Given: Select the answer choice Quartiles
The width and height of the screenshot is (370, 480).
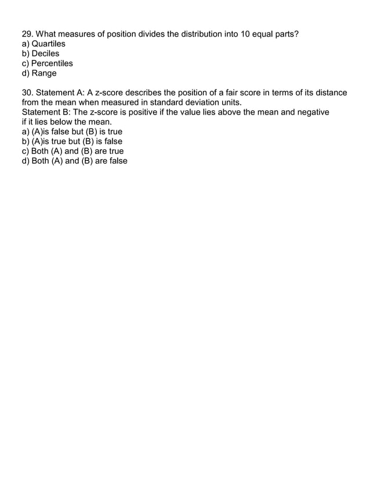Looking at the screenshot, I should coord(48,44).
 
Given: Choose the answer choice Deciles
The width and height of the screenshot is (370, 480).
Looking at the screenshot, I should coord(45,53).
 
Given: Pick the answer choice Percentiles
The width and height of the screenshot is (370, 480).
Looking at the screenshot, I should coord(52,63).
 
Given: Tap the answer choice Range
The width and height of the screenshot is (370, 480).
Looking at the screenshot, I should coord(44,73).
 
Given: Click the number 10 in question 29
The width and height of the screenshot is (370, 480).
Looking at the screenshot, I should coord(246,34).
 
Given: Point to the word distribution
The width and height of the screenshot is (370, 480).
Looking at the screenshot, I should coord(194,34).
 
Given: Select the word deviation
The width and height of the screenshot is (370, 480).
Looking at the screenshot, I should coord(198,102).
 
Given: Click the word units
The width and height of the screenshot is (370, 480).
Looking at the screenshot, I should coord(228,102).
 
